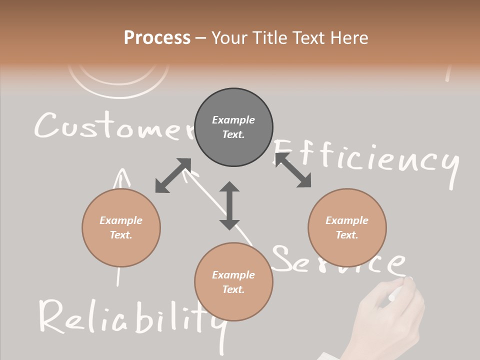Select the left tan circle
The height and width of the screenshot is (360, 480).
tap(121, 227)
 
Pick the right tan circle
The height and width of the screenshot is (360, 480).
tap(347, 227)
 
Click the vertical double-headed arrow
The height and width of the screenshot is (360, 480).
tap(229, 205)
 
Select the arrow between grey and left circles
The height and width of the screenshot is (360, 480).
tap(173, 175)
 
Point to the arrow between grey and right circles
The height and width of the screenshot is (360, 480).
tap(292, 170)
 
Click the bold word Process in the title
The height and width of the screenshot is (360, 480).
tap(157, 37)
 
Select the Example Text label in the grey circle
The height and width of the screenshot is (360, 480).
tap(233, 127)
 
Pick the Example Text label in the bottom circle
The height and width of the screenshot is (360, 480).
tap(233, 282)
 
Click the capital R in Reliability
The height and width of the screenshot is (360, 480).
tap(52, 316)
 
